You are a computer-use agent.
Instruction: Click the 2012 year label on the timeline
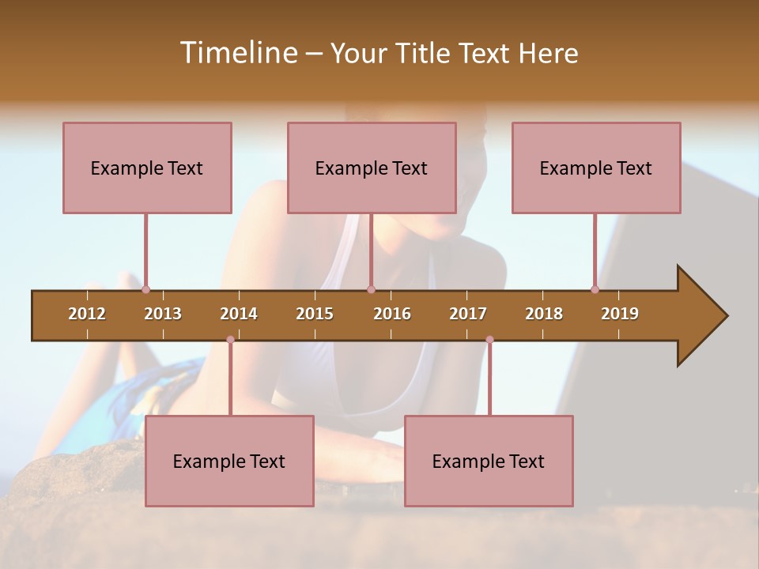[x=87, y=314]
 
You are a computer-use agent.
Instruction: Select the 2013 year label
[x=163, y=314]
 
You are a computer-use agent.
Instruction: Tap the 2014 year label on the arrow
[x=239, y=314]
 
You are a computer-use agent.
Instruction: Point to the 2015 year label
[x=315, y=314]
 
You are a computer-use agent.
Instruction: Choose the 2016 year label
[x=392, y=314]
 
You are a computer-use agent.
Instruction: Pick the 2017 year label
[x=468, y=314]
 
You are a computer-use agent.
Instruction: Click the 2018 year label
[x=544, y=314]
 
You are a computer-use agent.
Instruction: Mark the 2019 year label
[x=620, y=314]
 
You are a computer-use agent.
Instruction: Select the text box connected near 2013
[x=147, y=168]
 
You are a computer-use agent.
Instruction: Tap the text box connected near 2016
[x=372, y=168]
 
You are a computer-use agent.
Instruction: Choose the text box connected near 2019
[x=596, y=168]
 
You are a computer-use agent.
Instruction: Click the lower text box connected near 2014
[x=229, y=461]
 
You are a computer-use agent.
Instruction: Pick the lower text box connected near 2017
[x=489, y=461]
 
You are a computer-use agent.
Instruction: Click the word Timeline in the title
[x=238, y=53]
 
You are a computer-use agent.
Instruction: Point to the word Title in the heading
[x=425, y=53]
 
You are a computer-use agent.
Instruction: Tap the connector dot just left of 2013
[x=145, y=290]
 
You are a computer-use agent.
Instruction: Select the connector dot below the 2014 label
[x=230, y=340]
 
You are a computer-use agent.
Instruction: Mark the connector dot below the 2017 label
[x=489, y=340]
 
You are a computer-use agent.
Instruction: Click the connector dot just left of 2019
[x=595, y=290]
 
